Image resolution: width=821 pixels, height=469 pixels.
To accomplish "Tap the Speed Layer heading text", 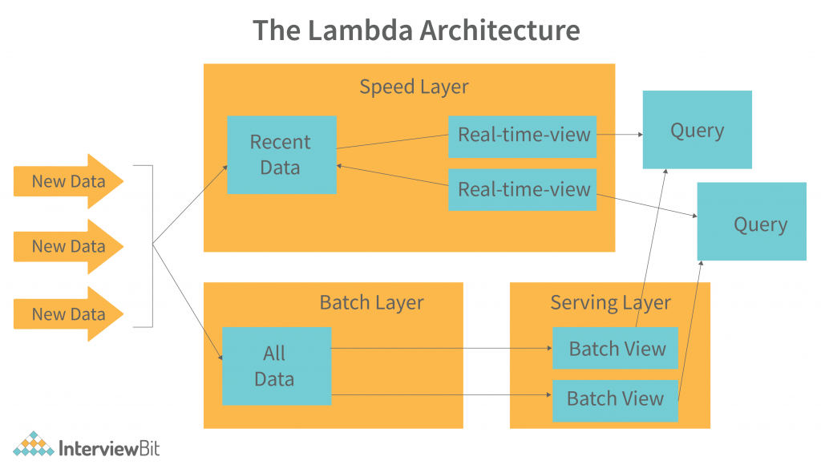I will pos(414,87).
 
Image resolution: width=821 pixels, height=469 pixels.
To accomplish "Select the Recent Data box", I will pos(281,155).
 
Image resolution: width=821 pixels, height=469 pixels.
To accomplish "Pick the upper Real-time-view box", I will pos(523,135).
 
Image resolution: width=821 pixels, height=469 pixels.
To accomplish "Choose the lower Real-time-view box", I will pos(523,190).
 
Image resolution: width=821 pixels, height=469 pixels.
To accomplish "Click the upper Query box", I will pos(697,130).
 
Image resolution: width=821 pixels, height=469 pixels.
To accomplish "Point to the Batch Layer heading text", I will pos(371,302).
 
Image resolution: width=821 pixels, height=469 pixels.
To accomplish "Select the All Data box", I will pos(276,366).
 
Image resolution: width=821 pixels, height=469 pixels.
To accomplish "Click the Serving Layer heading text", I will pos(610,302).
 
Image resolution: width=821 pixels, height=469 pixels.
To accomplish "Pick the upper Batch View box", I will pos(616,349).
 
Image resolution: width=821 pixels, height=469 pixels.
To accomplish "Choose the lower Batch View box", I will pos(615,398).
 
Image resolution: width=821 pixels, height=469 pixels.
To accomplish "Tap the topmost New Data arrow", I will pos(68,181).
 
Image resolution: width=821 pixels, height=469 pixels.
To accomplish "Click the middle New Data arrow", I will pos(68,246).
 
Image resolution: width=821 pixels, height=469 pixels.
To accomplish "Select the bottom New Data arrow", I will pos(68,314).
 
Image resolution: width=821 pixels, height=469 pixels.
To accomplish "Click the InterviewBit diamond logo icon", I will pos(34,446).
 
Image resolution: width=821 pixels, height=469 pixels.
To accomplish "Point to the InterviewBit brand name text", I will pos(110,447).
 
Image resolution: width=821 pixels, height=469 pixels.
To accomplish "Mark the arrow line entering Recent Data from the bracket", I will pos(189,204).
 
